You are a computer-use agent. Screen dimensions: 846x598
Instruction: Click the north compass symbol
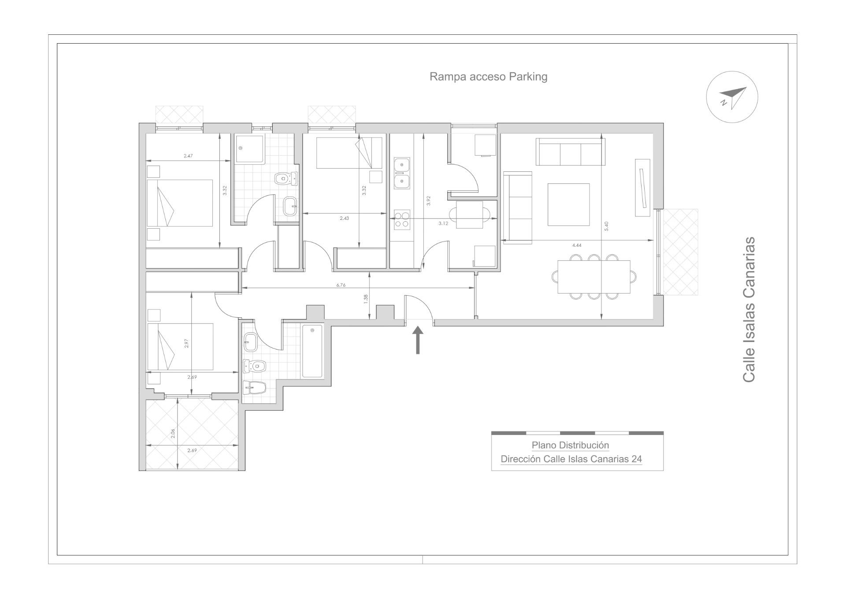732,97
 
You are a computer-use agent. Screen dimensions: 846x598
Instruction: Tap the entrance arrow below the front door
417,340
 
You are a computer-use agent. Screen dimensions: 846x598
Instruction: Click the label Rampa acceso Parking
488,77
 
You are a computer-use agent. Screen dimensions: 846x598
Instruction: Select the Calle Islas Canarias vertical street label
749,310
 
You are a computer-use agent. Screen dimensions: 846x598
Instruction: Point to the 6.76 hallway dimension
341,285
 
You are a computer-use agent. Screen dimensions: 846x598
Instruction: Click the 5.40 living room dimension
606,226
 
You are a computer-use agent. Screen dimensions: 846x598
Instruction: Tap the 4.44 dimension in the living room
576,245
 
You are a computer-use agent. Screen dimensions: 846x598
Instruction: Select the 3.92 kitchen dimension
428,201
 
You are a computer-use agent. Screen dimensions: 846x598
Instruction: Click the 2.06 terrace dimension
173,433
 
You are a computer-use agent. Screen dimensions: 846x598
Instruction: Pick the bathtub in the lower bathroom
312,351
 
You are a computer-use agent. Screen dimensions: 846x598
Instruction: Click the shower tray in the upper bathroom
249,149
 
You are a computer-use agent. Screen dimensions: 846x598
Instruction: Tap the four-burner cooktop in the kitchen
401,219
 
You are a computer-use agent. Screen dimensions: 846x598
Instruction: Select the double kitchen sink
401,173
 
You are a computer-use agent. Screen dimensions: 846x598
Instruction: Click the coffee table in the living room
568,204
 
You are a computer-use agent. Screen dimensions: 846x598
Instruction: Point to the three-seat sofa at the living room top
570,152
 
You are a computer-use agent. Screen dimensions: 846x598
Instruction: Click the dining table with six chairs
594,277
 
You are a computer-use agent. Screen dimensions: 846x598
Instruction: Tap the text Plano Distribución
570,445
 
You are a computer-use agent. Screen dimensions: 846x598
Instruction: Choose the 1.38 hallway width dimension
366,299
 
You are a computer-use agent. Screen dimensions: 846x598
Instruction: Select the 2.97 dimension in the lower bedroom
187,343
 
